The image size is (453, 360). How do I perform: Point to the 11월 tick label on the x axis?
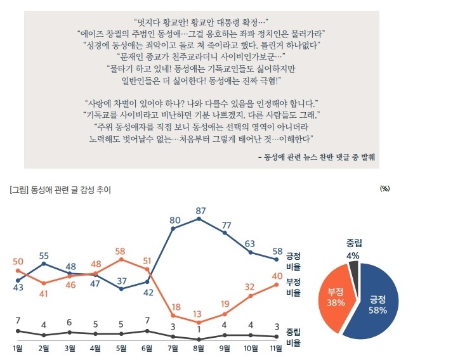pos(277,348)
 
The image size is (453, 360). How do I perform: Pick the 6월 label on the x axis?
pos(147,348)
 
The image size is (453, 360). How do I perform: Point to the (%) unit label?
pos(384,189)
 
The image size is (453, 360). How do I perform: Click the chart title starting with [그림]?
pos(60,189)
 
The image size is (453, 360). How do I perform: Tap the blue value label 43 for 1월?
pos(18,288)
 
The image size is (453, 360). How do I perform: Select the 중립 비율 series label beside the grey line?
pos(294,338)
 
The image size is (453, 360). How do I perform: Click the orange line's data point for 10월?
pos(251,295)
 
